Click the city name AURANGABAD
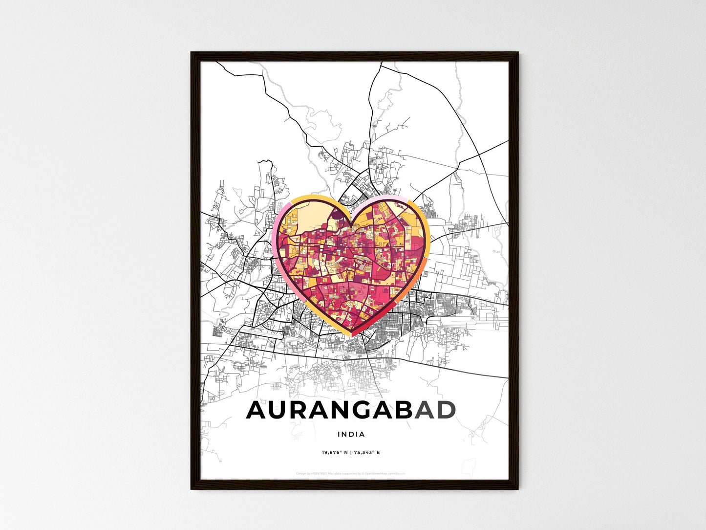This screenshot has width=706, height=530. click(x=351, y=411)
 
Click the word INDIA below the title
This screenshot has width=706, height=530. click(x=351, y=434)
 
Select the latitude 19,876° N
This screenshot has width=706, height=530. click(x=335, y=453)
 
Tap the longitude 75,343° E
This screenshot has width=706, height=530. click(x=367, y=453)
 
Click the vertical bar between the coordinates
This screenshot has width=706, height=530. click(x=350, y=453)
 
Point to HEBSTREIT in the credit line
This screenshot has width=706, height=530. click(x=320, y=473)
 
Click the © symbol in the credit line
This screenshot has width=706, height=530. click(x=363, y=473)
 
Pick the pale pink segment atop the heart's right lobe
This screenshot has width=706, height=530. click(x=386, y=199)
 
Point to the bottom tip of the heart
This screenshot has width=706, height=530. click(x=351, y=335)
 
